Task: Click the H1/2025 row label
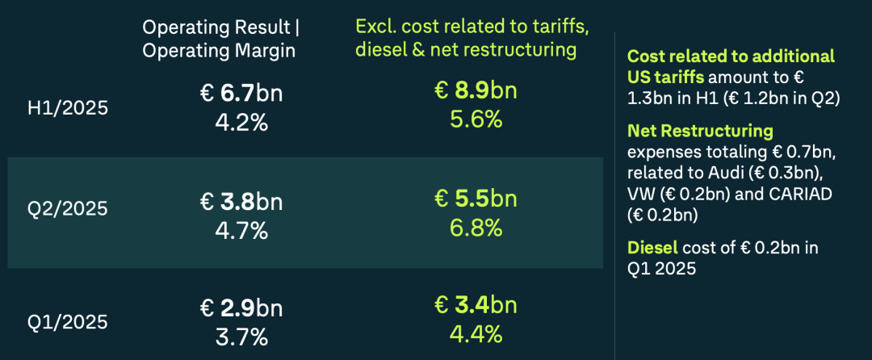tap(68, 107)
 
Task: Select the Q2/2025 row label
tap(68, 209)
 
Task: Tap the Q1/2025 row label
tap(68, 322)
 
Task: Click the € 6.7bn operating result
tap(241, 94)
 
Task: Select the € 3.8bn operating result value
tap(241, 201)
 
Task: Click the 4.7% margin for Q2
tap(241, 229)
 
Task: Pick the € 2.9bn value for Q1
tap(241, 308)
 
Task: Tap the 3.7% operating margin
tap(241, 335)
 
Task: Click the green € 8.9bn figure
tap(475, 91)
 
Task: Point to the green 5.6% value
tap(475, 119)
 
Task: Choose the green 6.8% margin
tap(475, 228)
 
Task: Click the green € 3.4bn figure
tap(475, 307)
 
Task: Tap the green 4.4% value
tap(475, 334)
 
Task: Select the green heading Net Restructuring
tap(700, 131)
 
